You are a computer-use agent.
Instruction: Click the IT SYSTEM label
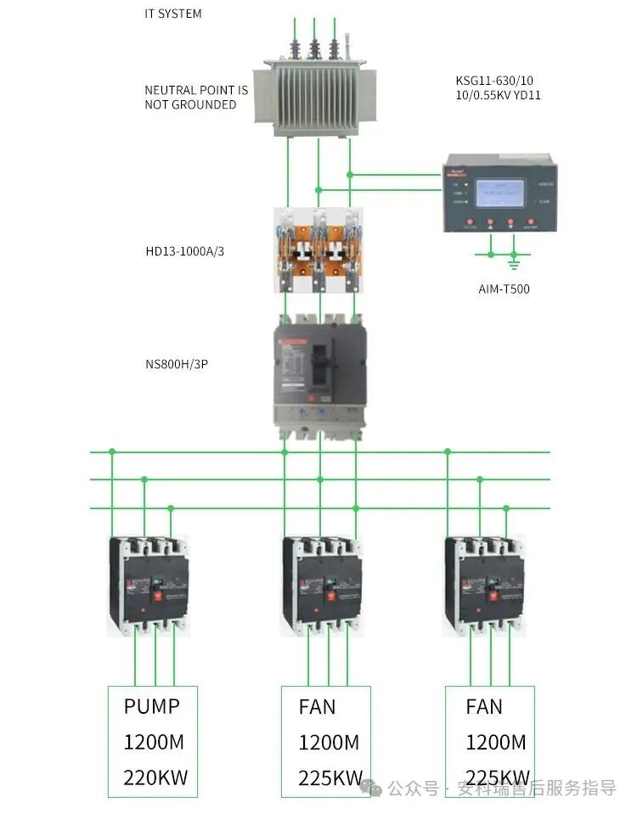coord(173,14)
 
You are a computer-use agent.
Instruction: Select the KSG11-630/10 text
coord(494,81)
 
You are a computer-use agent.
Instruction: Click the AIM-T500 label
coord(504,289)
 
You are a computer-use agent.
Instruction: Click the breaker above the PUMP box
coord(149,586)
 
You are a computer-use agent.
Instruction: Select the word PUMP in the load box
coord(152,706)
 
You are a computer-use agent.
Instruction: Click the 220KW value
coord(155,778)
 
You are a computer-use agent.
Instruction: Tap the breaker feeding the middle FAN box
coord(323,586)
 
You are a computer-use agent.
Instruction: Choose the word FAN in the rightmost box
coord(484,706)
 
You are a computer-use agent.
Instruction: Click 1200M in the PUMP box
coord(154,742)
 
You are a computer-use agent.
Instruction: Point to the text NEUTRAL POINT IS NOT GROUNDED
coord(196,97)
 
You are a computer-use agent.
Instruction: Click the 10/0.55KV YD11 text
coord(498,95)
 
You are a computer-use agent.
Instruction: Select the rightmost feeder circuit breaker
coord(485,586)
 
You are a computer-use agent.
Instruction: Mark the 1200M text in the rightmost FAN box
coord(496,742)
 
